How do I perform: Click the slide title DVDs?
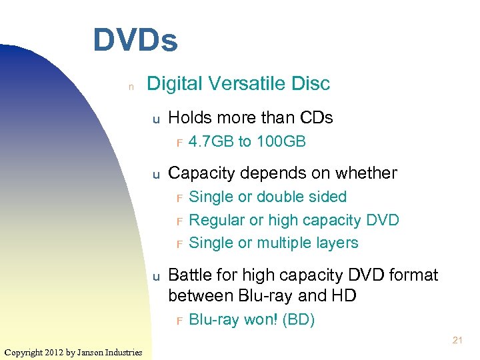135,40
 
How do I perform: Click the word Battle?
189,275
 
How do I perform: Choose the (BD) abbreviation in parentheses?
299,320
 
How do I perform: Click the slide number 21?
457,341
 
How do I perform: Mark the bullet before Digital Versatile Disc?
131,86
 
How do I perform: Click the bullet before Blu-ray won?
179,321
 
